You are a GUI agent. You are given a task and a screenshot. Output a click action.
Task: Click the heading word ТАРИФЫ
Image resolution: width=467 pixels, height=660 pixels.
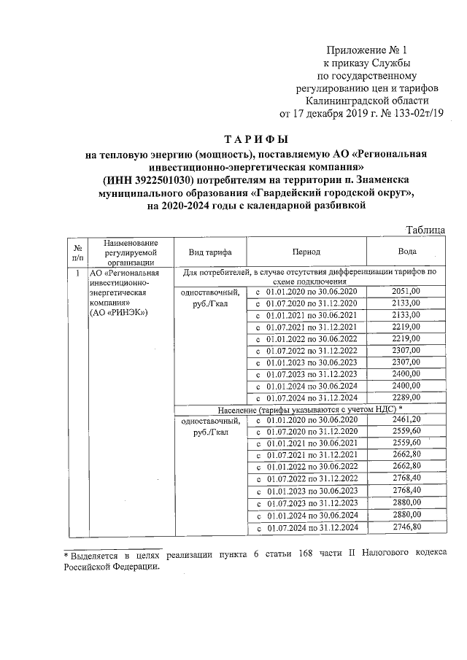[255, 139]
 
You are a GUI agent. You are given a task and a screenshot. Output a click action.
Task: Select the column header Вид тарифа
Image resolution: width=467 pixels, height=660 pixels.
[210, 252]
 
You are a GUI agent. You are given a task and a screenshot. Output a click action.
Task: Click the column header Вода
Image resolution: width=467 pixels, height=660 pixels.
[407, 252]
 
